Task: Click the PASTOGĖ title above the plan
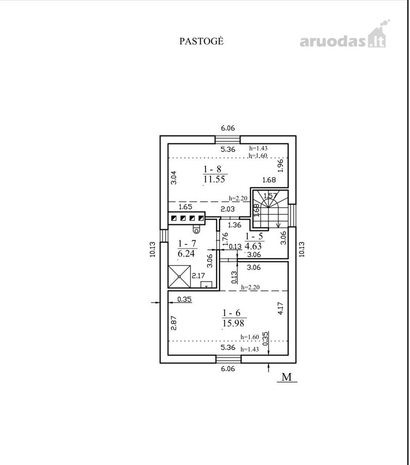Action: (x=201, y=41)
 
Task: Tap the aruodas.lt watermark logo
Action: (x=344, y=35)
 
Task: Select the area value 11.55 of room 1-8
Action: (x=214, y=179)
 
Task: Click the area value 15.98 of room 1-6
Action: (x=233, y=323)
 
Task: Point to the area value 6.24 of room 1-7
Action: (x=186, y=253)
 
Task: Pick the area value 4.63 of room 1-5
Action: (x=253, y=246)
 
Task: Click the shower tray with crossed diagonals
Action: (x=179, y=276)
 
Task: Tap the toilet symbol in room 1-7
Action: (x=196, y=229)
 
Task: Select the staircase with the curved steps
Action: (x=270, y=209)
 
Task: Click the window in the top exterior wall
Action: (x=228, y=139)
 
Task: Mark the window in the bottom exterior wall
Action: (x=228, y=359)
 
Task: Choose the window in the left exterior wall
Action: (x=164, y=236)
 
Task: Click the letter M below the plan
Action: (x=287, y=377)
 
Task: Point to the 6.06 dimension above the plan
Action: (x=228, y=128)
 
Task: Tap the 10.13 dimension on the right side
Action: (x=302, y=249)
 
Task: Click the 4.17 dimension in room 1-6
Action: (x=281, y=308)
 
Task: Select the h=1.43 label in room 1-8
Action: (x=258, y=148)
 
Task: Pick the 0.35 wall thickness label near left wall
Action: (x=184, y=299)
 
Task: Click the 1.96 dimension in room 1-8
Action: (x=281, y=165)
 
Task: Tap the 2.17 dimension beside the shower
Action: (x=198, y=275)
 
